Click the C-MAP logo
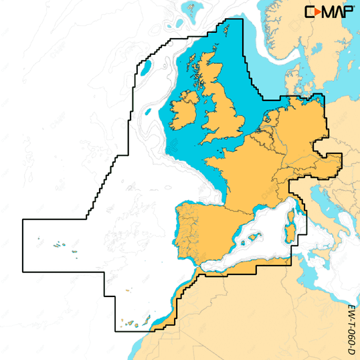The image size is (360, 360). click(x=329, y=12)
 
